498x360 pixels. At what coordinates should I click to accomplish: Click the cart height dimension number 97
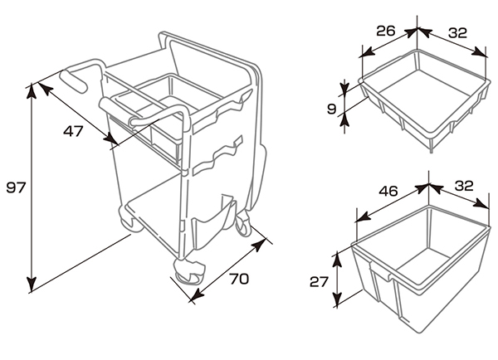coord(16,188)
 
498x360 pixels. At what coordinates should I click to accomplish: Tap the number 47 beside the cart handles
coord(73,131)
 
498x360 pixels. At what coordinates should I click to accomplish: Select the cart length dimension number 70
coord(239,279)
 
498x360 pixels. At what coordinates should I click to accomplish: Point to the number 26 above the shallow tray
coord(386,31)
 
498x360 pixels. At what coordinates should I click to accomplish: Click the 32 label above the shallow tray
coord(457,32)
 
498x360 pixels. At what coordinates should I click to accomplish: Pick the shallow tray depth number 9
coord(331,109)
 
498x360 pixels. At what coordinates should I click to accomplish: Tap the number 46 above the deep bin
coord(388,191)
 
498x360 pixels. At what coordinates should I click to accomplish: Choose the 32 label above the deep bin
coord(464,186)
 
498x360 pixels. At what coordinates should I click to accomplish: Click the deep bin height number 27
coord(319,281)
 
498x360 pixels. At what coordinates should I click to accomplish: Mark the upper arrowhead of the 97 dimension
coord(32,90)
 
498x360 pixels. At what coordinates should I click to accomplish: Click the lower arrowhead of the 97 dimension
coord(32,284)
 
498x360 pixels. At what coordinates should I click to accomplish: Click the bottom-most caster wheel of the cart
coord(188,272)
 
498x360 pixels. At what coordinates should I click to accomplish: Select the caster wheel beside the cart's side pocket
coord(243,224)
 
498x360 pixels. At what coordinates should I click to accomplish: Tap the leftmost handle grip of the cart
coord(74,81)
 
